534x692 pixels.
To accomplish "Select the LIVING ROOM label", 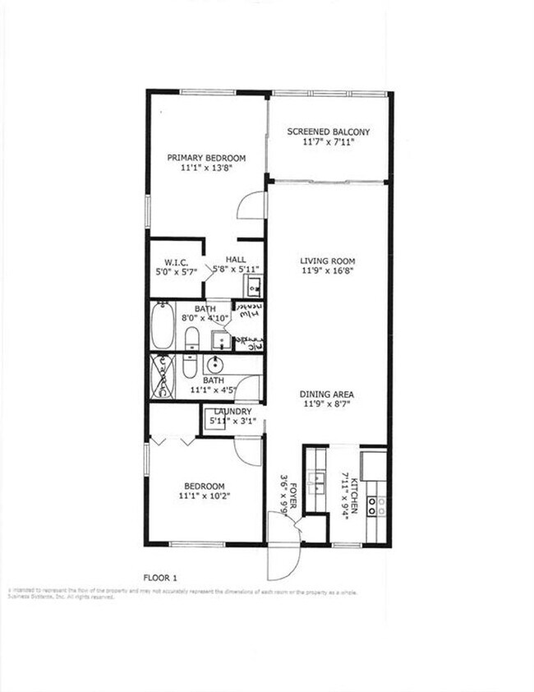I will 327,261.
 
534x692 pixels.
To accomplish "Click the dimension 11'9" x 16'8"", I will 327,272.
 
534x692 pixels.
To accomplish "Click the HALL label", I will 236,258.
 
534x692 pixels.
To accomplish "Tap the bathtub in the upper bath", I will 163,327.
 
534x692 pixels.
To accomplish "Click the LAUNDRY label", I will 232,412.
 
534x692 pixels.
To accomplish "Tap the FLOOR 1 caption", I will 160,576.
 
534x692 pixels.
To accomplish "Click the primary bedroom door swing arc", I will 250,206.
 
